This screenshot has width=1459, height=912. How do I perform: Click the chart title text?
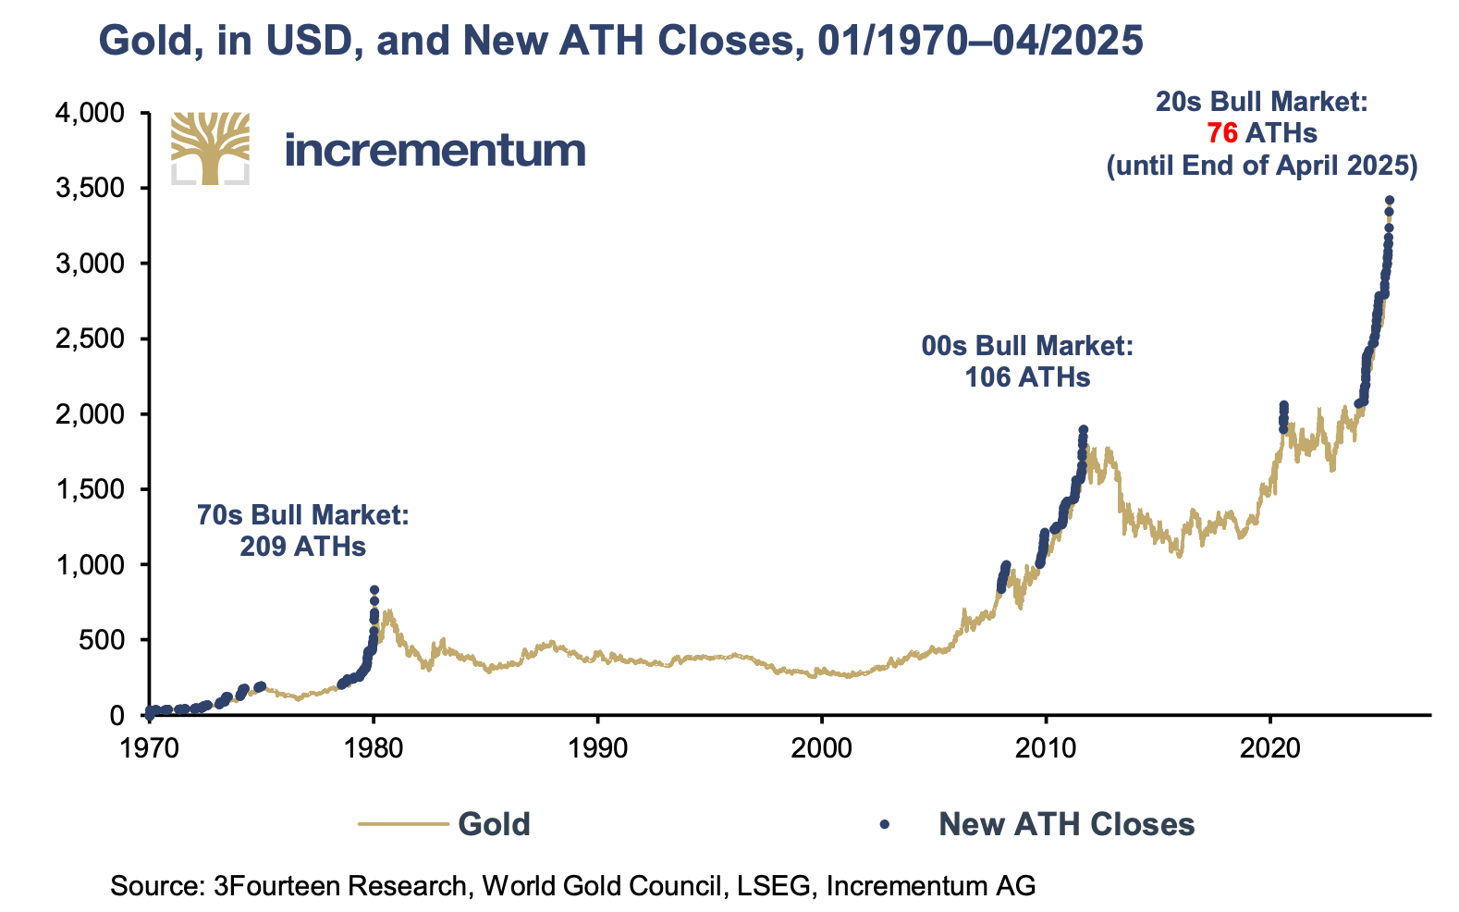tap(620, 41)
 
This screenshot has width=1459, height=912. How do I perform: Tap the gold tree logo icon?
tap(210, 148)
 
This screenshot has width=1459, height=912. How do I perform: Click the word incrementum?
tap(435, 150)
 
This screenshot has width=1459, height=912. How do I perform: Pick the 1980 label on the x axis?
tap(374, 747)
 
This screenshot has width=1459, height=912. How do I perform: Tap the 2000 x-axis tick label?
tap(822, 747)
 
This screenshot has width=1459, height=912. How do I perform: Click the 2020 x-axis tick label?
tap(1269, 747)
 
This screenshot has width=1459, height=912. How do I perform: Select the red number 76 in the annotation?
tap(1222, 133)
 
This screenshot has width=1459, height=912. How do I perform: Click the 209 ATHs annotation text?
tap(303, 547)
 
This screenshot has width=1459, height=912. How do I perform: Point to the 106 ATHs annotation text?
tap(1027, 377)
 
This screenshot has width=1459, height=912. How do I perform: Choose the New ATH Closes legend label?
tap(1067, 824)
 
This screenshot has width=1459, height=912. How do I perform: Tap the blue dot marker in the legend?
tap(885, 824)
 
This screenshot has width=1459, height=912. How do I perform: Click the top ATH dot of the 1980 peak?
tap(374, 589)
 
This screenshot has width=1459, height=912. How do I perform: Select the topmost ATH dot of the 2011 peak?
tap(1084, 429)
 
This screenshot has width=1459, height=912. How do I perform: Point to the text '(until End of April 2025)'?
tap(1262, 166)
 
